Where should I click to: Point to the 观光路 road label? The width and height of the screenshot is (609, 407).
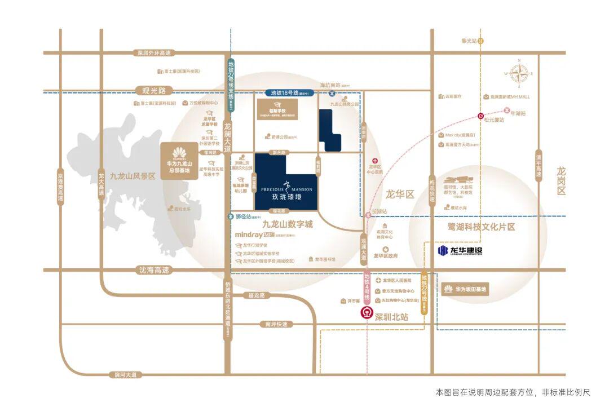154,90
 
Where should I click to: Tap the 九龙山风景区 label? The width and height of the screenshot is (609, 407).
133,176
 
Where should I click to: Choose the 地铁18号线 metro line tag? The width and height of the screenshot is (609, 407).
290,93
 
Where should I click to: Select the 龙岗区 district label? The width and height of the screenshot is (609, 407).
561,180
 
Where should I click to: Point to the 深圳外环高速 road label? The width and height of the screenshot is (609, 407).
153,53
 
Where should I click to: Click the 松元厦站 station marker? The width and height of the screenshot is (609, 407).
480,116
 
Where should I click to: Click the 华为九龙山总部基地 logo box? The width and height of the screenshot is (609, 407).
179,159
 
